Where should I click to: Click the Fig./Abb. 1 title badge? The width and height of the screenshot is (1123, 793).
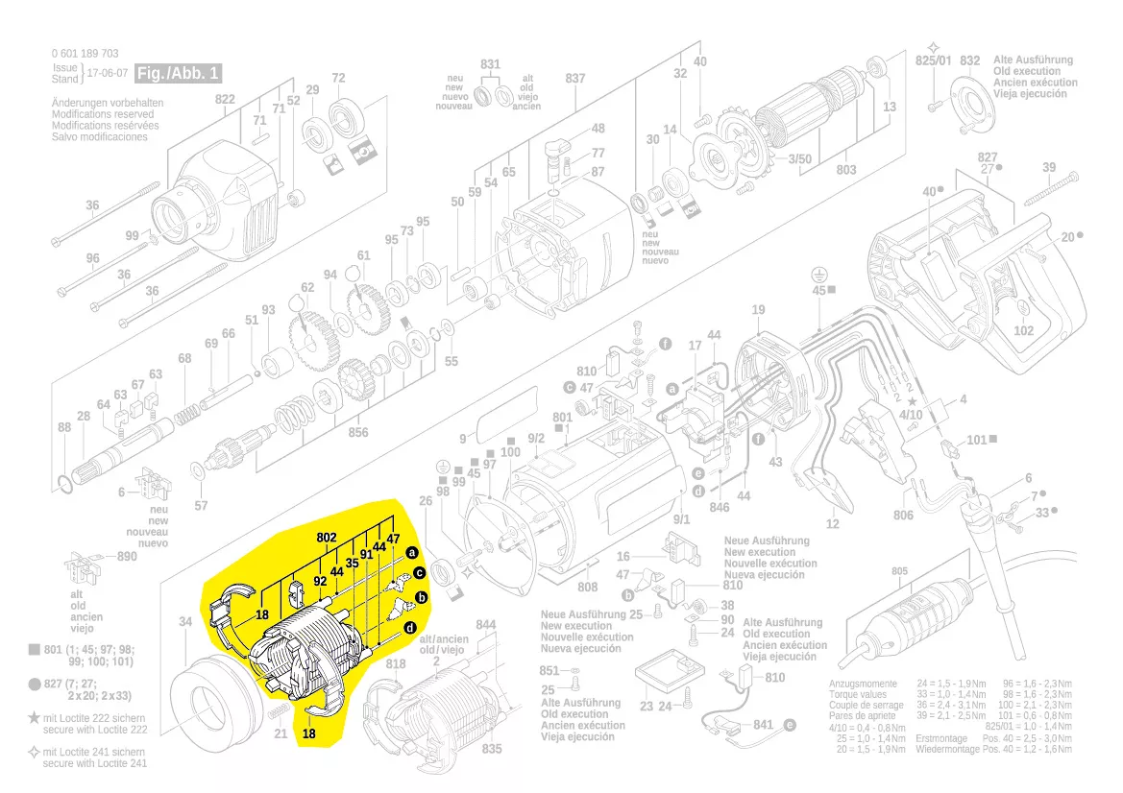click(x=179, y=74)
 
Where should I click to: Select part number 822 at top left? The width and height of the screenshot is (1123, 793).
click(x=225, y=100)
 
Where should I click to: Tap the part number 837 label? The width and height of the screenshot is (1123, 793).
click(x=575, y=78)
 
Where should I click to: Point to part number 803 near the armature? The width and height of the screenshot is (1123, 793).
click(x=845, y=170)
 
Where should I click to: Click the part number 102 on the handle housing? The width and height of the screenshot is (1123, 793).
click(x=1024, y=330)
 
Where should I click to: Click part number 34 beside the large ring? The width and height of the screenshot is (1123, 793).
click(x=185, y=622)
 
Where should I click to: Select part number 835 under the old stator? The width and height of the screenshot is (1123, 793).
click(x=492, y=748)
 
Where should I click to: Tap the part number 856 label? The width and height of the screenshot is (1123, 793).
click(x=358, y=432)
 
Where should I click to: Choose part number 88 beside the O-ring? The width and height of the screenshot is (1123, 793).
click(x=64, y=427)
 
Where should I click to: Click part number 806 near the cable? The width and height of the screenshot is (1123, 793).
click(x=903, y=516)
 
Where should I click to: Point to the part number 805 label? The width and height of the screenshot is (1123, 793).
click(x=898, y=571)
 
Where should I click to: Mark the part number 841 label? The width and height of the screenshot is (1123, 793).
click(x=763, y=724)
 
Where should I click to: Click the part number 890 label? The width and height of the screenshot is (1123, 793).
click(x=127, y=557)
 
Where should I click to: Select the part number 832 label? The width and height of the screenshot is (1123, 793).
click(x=970, y=60)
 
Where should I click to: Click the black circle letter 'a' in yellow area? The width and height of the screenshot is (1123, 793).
click(x=411, y=553)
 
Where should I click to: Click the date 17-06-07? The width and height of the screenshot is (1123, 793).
click(x=106, y=74)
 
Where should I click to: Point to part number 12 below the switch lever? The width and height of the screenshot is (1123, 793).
click(x=832, y=523)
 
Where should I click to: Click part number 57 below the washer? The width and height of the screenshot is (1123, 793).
click(x=201, y=505)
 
